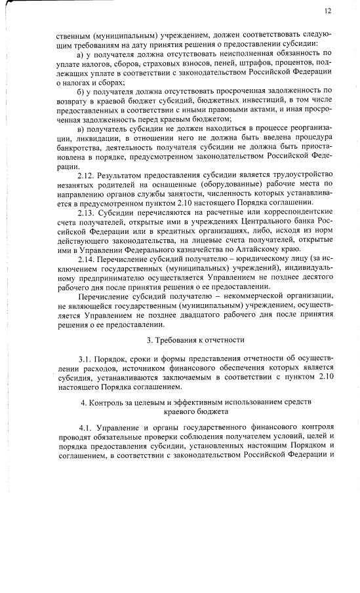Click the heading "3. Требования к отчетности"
(195, 339)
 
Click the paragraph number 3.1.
(86, 359)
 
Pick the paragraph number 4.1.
(87, 427)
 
